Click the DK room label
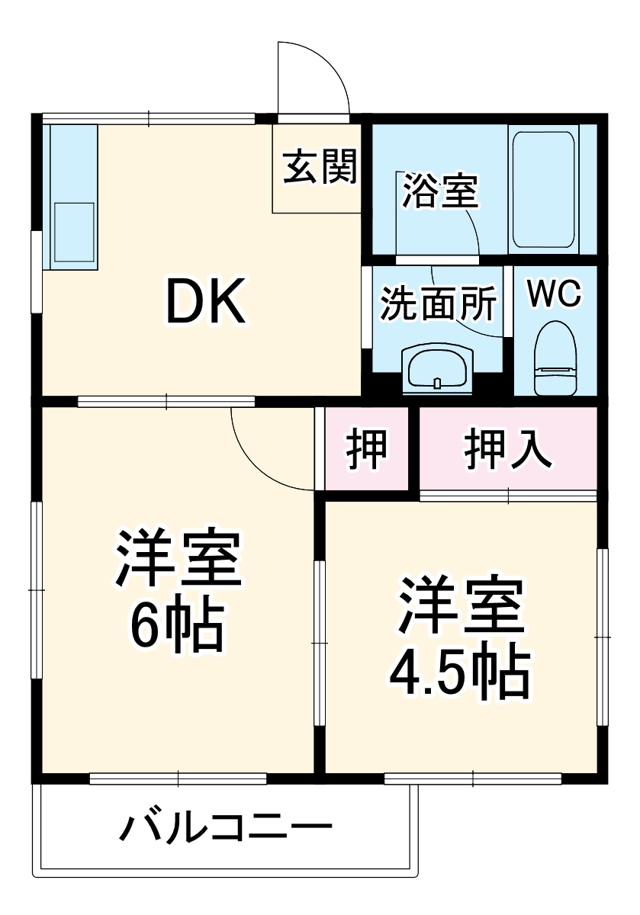207,303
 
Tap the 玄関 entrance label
320,168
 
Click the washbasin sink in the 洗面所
437,367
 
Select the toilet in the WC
555,357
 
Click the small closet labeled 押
367,449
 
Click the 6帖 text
177,627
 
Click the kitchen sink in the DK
72,225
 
